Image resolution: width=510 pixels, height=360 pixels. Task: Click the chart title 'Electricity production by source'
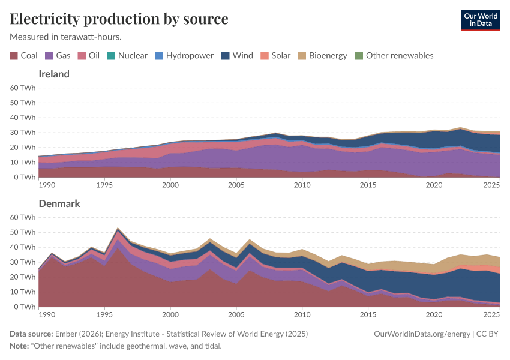click(119, 19)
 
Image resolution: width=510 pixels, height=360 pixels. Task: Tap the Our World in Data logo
click(480, 20)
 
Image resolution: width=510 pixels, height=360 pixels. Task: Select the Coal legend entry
click(24, 55)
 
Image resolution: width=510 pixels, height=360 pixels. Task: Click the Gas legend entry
click(58, 55)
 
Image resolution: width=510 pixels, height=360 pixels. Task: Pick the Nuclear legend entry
click(128, 55)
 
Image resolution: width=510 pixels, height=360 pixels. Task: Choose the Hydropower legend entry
click(185, 55)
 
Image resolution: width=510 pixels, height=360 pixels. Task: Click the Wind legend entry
click(238, 55)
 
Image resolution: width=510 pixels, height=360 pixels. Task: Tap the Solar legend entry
click(276, 55)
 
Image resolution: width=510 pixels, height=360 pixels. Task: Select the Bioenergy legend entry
click(323, 55)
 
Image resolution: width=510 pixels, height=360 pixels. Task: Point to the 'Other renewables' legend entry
click(394, 55)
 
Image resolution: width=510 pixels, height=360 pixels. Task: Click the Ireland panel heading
click(54, 74)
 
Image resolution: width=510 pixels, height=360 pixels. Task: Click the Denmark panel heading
click(59, 203)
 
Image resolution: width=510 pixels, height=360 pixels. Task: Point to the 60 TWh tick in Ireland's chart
click(23, 88)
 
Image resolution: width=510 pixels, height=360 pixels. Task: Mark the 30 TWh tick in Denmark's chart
click(23, 262)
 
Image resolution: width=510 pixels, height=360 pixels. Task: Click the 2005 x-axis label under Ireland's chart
click(236, 185)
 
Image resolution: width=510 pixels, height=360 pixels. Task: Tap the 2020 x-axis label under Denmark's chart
click(434, 314)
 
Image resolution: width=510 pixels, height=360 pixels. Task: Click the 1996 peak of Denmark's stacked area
click(118, 229)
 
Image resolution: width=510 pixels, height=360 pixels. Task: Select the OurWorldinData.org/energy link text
click(422, 334)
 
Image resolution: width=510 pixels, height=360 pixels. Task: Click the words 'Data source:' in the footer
click(31, 334)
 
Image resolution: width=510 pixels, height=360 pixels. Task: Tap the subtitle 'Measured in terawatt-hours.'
click(66, 37)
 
